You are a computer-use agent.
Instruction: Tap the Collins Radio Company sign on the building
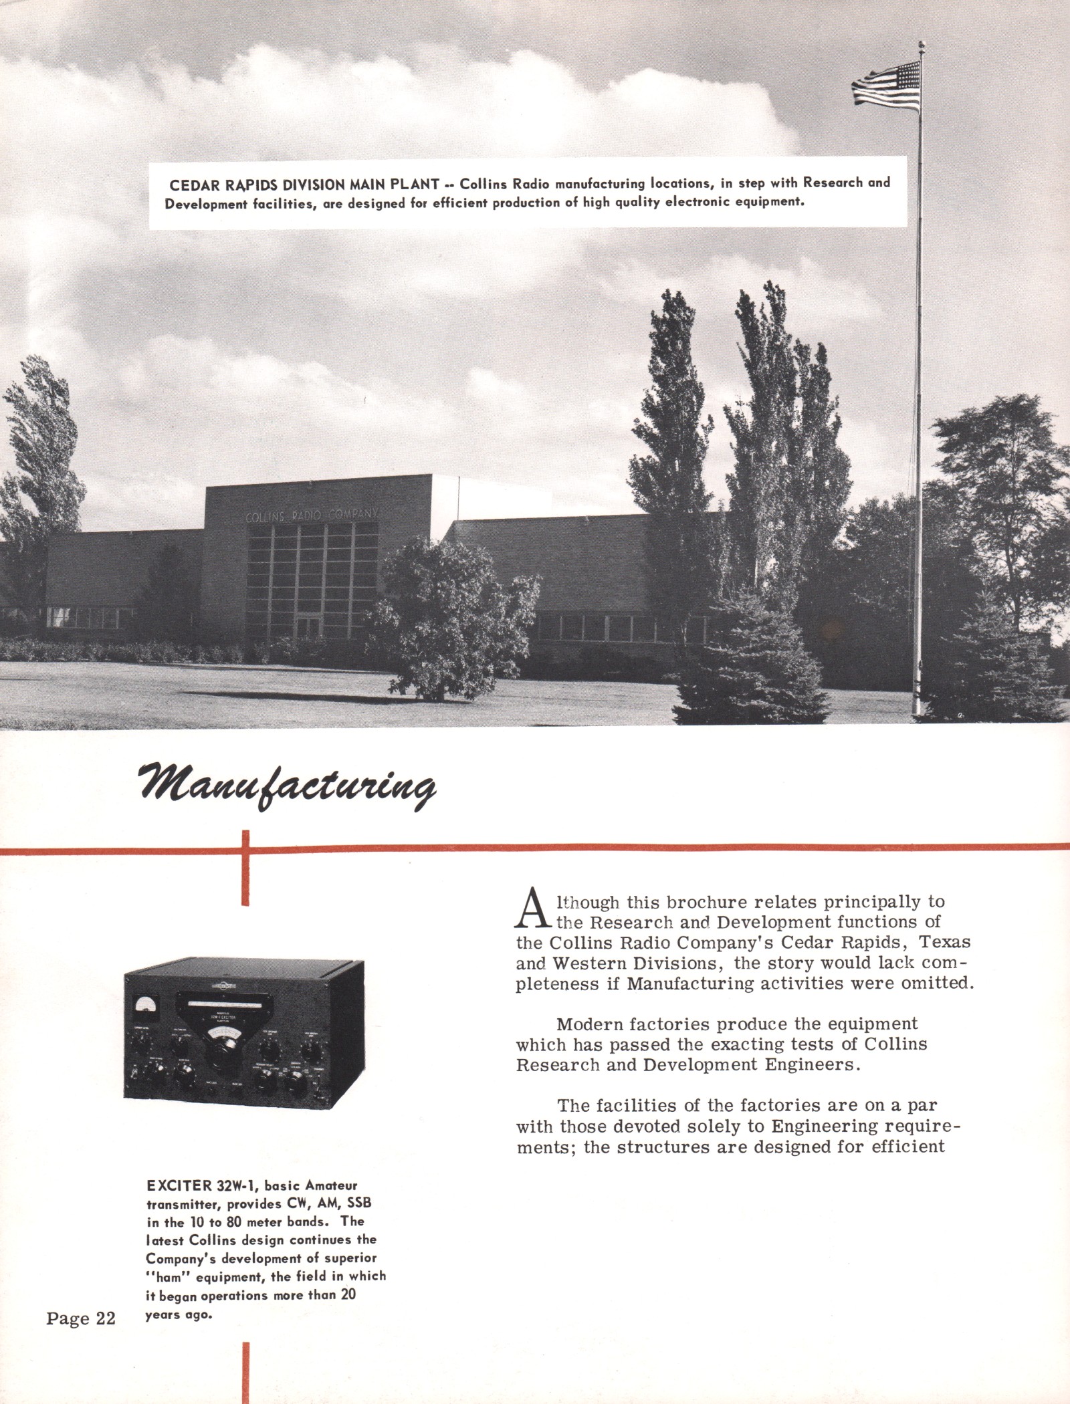pyautogui.click(x=313, y=515)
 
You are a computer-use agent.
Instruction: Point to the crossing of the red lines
pyautogui.click(x=247, y=850)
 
